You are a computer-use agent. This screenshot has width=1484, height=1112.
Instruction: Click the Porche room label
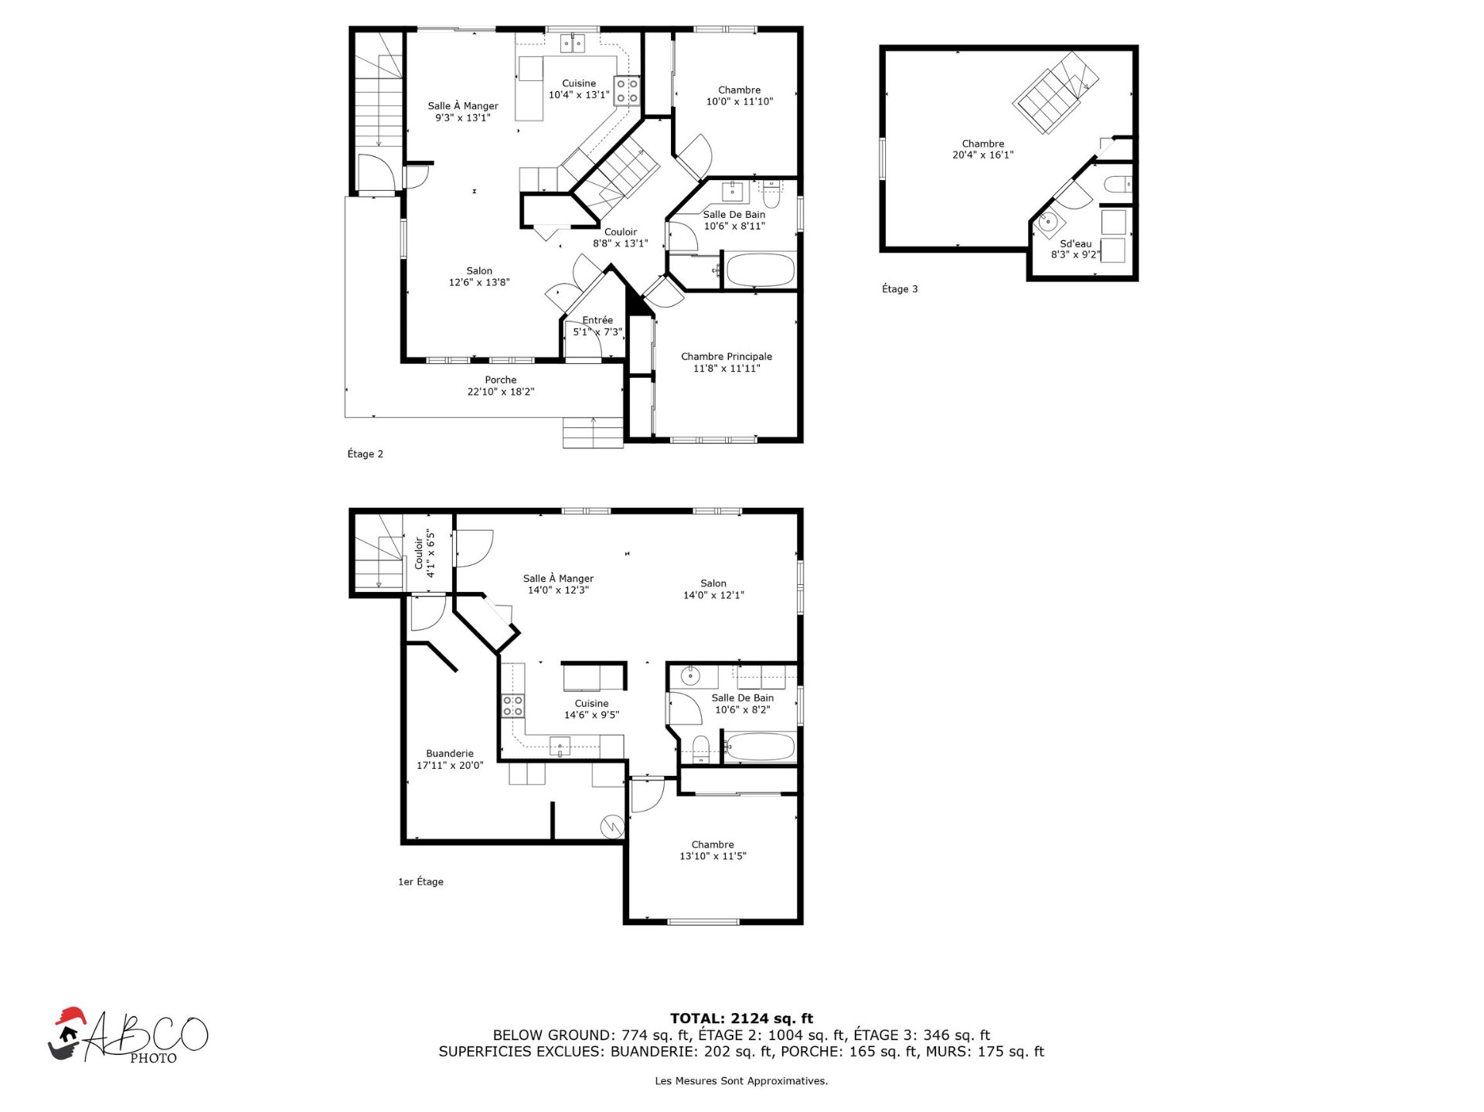pyautogui.click(x=501, y=379)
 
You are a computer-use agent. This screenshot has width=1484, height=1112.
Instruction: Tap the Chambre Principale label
pyautogui.click(x=727, y=356)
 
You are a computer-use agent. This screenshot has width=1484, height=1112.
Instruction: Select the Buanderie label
pyautogui.click(x=450, y=753)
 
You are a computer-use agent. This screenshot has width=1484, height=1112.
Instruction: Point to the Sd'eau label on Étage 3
pyautogui.click(x=1076, y=243)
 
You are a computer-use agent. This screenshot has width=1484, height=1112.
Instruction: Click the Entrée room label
pyautogui.click(x=597, y=320)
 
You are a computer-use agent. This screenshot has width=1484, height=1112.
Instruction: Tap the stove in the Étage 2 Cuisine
pyautogui.click(x=627, y=90)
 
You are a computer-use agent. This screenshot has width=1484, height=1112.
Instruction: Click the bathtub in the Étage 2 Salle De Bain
pyautogui.click(x=760, y=270)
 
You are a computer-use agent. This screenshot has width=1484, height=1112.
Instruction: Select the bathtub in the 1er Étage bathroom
pyautogui.click(x=760, y=747)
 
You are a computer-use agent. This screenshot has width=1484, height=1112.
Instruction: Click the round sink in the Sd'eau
pyautogui.click(x=1048, y=223)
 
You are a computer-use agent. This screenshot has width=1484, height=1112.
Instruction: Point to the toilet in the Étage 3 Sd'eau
pyautogui.click(x=1118, y=185)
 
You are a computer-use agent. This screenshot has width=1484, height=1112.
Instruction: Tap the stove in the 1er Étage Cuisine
pyautogui.click(x=512, y=706)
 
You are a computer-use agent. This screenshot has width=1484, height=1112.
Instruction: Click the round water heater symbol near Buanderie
pyautogui.click(x=613, y=826)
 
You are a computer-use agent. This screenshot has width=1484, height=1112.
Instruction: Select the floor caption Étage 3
pyautogui.click(x=900, y=289)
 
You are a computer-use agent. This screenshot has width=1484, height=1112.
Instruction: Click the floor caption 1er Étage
pyautogui.click(x=420, y=882)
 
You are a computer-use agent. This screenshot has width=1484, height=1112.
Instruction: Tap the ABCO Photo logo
pyautogui.click(x=128, y=1036)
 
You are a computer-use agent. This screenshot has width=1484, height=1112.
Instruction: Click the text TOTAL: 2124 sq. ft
pyautogui.click(x=741, y=1018)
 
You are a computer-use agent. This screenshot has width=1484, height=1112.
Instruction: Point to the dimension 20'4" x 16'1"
pyautogui.click(x=983, y=155)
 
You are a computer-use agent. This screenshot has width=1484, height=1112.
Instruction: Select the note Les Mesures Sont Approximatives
pyautogui.click(x=741, y=1081)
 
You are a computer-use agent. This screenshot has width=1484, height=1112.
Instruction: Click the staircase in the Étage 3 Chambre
pyautogui.click(x=1056, y=93)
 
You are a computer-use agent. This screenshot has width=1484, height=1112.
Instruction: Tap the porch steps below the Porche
pyautogui.click(x=593, y=433)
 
